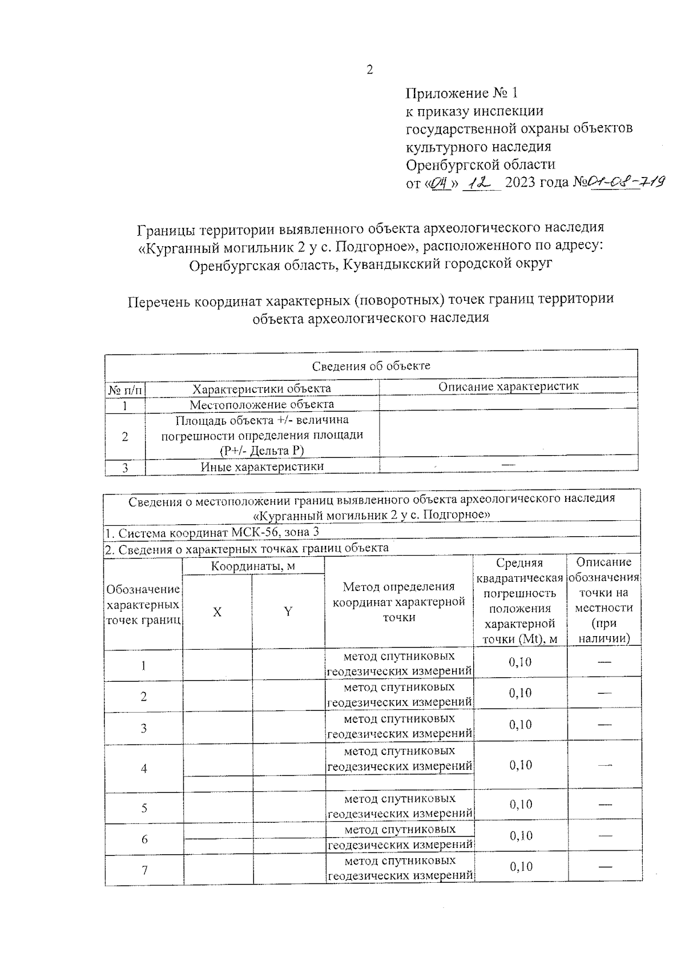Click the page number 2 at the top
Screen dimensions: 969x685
369,70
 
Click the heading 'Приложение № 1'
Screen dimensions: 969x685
461,93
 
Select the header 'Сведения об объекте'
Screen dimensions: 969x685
371,365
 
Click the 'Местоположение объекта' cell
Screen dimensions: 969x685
261,404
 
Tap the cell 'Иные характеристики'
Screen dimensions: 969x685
261,467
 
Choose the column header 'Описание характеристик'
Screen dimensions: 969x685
508,387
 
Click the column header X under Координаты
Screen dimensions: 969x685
217,612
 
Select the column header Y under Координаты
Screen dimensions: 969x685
288,612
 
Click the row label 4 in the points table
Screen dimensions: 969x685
144,769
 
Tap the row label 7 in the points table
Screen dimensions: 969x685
144,870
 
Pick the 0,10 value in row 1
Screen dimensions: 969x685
520,662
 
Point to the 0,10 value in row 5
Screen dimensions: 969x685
520,805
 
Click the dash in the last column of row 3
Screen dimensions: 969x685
605,725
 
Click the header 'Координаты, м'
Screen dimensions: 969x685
253,566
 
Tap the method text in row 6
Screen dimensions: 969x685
399,837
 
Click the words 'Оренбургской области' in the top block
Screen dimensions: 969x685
480,165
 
